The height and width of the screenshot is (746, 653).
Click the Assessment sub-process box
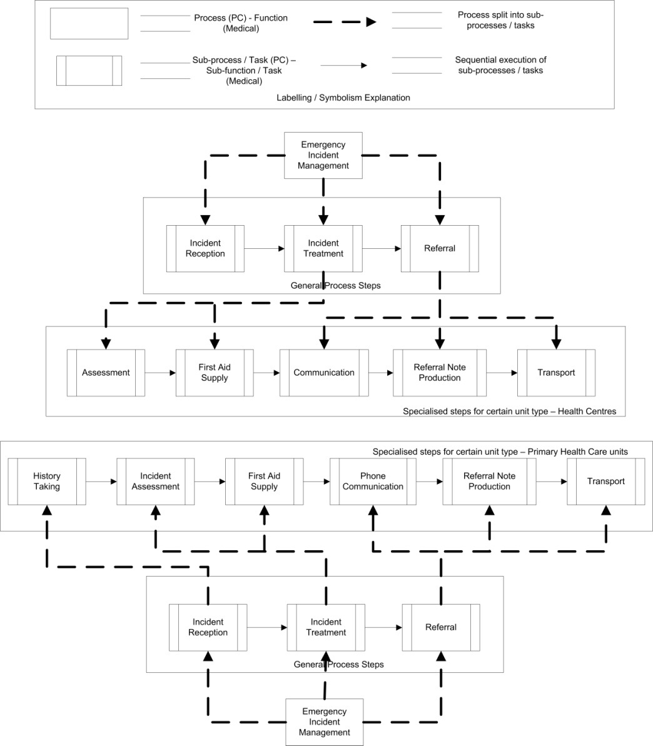[106, 373]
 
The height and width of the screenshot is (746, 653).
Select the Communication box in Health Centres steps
[324, 373]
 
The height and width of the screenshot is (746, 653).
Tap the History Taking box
[47, 481]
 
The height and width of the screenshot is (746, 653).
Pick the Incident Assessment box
[156, 481]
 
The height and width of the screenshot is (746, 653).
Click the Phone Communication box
[373, 481]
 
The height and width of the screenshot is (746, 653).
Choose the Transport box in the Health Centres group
[557, 373]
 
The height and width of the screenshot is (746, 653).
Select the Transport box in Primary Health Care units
[606, 481]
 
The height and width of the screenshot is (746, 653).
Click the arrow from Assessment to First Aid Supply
[160, 373]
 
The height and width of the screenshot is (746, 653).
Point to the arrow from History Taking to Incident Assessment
[101, 481]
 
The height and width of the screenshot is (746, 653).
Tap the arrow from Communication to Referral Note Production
[381, 373]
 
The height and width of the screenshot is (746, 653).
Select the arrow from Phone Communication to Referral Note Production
[429, 481]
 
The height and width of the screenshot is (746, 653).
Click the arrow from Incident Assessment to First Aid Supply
[210, 481]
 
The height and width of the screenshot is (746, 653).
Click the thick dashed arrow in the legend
[345, 22]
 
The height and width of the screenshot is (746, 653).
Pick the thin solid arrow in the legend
[343, 65]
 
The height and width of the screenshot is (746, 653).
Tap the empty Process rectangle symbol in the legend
[89, 23]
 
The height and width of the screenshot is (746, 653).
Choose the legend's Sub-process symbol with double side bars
[89, 71]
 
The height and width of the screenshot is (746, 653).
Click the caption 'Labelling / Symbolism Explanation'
[343, 98]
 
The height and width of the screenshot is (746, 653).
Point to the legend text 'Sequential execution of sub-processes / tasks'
[501, 65]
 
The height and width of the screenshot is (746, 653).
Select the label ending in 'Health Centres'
[509, 411]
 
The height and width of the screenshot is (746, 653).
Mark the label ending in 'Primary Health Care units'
[500, 451]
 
